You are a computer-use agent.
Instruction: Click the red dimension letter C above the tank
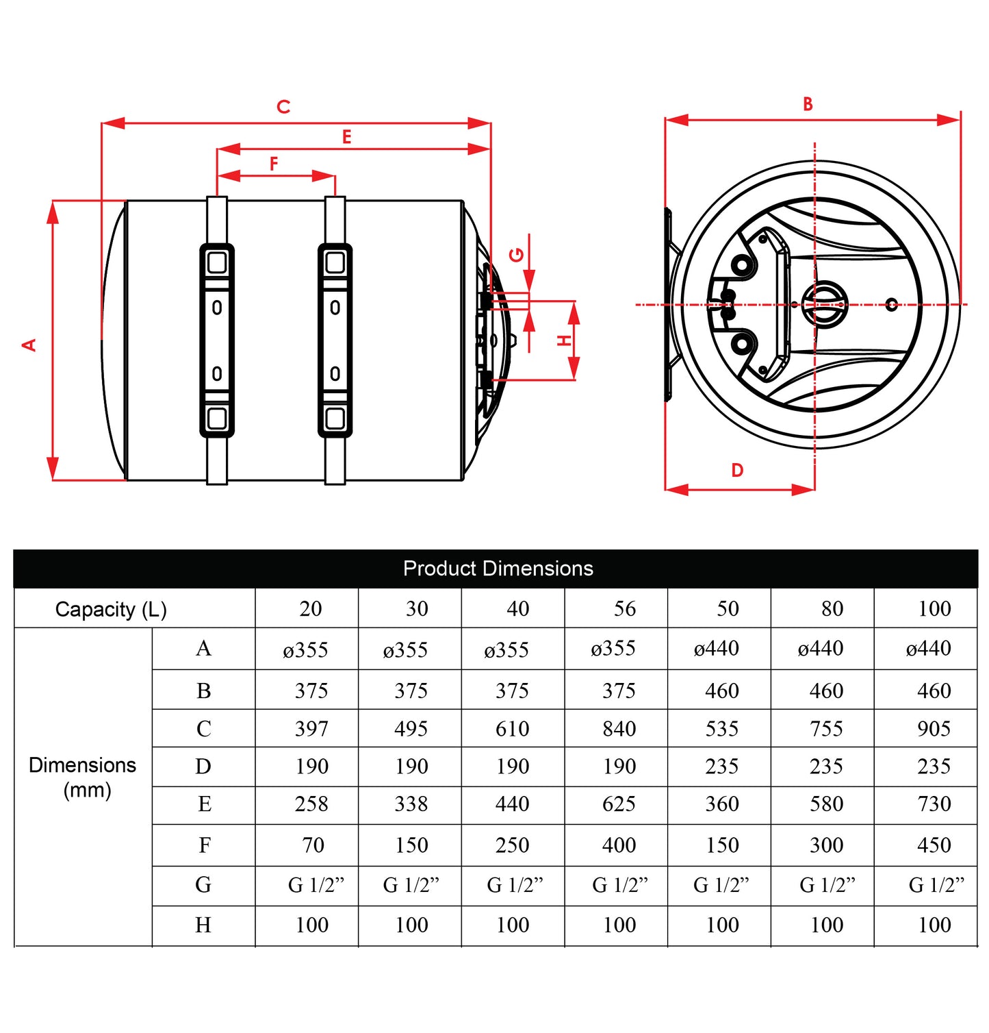[283, 107]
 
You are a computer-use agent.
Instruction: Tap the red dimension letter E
[347, 137]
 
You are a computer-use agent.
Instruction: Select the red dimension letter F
[274, 164]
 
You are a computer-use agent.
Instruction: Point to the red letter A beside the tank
[29, 345]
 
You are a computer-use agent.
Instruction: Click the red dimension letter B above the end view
[808, 104]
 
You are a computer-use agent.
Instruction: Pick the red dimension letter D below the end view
[737, 471]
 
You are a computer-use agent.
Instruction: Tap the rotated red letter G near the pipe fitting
[517, 255]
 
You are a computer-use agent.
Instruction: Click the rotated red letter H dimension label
[563, 340]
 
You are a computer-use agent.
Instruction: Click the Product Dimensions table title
[498, 569]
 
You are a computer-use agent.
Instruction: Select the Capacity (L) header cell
[111, 609]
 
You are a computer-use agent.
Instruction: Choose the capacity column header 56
[624, 608]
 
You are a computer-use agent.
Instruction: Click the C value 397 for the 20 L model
[311, 728]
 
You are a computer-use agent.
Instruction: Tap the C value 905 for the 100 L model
[934, 728]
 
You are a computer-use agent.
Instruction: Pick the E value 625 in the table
[619, 804]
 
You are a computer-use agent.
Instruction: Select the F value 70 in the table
[313, 845]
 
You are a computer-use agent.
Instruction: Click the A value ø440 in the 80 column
[820, 648]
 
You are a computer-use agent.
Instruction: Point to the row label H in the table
[203, 925]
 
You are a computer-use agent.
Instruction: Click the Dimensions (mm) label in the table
[83, 777]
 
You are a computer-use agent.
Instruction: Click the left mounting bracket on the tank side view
[217, 340]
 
